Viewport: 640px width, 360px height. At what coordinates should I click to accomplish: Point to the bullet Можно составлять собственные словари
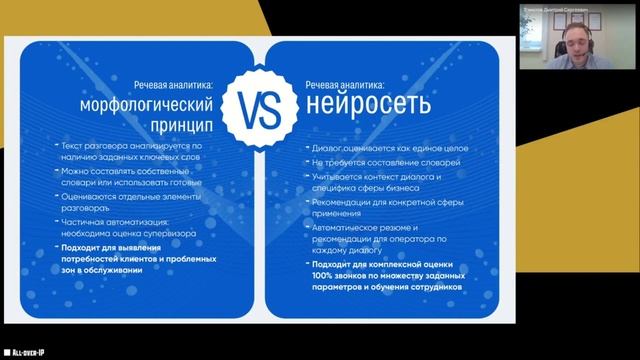(133, 177)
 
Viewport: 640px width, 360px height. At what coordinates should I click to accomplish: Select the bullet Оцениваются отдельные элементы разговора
(133, 201)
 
